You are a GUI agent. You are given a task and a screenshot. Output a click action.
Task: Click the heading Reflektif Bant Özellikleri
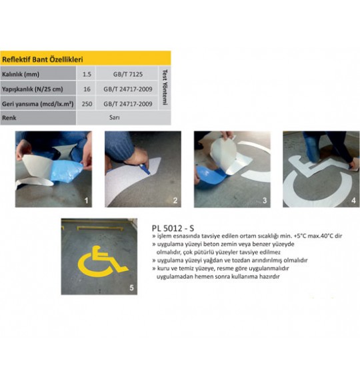point(42,59)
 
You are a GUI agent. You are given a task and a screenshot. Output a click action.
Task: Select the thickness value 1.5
point(87,74)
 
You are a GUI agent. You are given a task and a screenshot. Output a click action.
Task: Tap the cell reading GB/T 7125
point(128,74)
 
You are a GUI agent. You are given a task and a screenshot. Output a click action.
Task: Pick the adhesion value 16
point(87,89)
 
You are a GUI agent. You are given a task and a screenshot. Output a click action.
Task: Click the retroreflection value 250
point(87,103)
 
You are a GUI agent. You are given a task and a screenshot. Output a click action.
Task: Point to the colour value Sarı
point(115,117)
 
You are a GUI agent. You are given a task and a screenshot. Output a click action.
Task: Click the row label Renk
point(9,117)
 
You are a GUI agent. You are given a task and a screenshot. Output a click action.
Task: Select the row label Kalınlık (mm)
point(21,74)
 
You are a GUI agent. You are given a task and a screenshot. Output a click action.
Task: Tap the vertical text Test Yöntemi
point(165,87)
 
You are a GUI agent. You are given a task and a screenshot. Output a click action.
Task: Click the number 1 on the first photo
point(86,200)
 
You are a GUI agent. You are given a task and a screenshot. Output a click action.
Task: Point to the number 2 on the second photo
point(175,200)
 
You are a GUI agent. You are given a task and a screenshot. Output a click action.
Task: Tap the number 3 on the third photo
point(265,200)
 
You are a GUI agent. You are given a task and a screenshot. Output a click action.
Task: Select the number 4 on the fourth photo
point(353,200)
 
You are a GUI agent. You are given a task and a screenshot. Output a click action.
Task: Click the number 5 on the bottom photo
point(131,288)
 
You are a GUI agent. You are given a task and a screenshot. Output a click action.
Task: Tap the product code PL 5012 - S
point(173,228)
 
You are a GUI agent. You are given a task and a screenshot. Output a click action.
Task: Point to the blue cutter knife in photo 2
point(145,169)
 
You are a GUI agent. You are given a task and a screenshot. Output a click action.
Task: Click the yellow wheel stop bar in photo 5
point(100,228)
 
